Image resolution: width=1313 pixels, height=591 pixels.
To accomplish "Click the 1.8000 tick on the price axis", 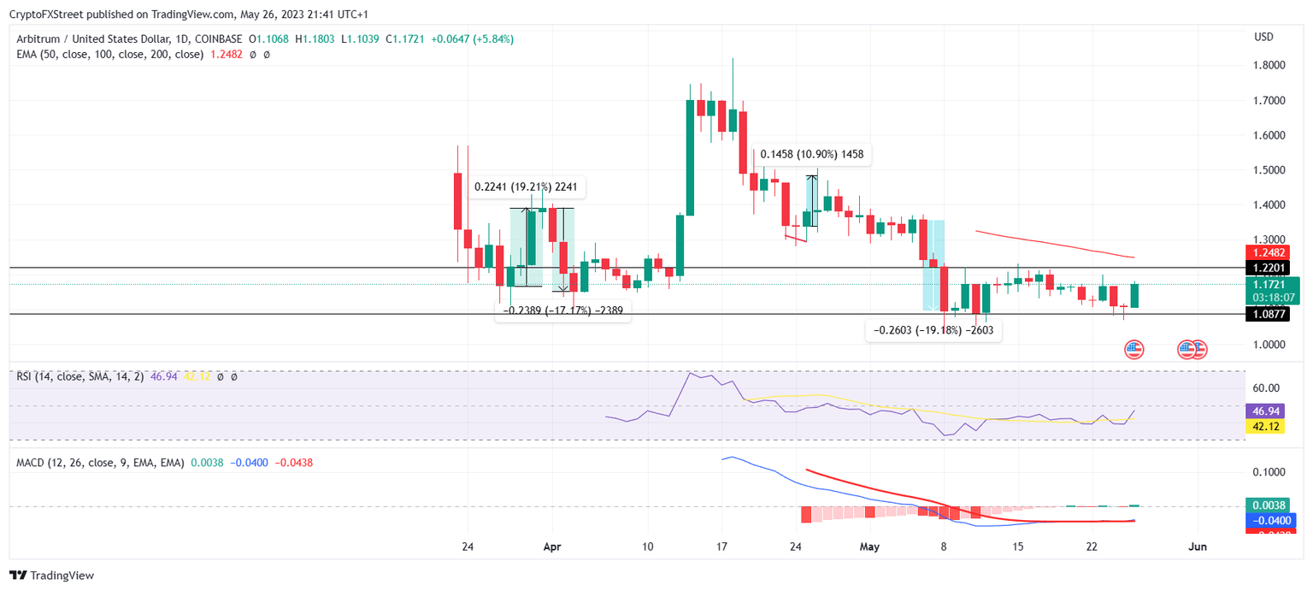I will pyautogui.click(x=1269, y=66).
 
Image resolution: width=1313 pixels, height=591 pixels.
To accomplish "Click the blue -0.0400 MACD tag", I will pyautogui.click(x=1270, y=520).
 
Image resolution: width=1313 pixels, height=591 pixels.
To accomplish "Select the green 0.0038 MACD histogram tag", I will pyautogui.click(x=1269, y=505).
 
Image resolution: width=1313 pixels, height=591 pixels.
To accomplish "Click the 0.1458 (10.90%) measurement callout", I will pyautogui.click(x=811, y=155).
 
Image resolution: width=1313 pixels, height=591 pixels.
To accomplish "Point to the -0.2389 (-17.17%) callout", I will pyautogui.click(x=563, y=310).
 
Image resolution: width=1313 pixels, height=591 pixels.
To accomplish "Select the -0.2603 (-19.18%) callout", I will pyautogui.click(x=933, y=329).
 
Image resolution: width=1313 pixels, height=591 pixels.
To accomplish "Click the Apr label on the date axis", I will pyautogui.click(x=551, y=546).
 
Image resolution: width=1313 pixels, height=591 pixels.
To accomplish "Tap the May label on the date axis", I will pyautogui.click(x=869, y=546).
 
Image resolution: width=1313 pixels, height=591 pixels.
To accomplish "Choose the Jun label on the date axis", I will pyautogui.click(x=1198, y=546).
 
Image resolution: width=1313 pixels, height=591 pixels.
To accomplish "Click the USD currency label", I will pyautogui.click(x=1263, y=37).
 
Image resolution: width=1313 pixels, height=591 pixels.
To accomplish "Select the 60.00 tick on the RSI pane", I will pyautogui.click(x=1265, y=387).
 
